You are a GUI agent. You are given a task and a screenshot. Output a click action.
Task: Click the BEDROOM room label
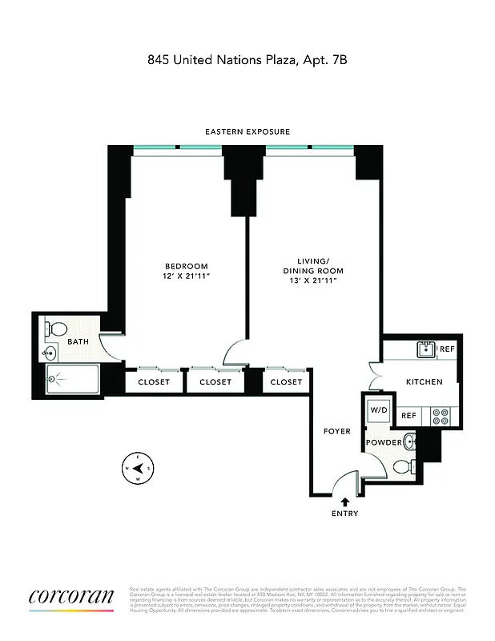187,267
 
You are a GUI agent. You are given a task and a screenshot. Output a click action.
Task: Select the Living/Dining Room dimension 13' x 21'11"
312,281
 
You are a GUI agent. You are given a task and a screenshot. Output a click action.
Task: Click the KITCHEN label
424,382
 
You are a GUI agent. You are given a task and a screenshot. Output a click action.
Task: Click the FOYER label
337,431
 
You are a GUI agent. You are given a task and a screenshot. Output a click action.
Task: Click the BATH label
78,342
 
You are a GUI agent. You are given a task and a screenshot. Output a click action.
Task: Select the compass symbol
136,467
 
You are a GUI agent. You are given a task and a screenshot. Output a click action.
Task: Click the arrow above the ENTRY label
344,502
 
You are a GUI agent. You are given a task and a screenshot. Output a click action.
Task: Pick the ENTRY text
344,514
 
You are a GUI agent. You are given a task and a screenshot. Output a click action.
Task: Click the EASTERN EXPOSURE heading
247,131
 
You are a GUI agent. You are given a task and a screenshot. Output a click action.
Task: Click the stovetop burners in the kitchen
440,416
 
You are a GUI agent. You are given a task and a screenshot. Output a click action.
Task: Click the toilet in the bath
58,330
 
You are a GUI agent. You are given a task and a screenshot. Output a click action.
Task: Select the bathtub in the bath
72,379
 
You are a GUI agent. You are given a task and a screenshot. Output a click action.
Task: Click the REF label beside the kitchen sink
447,349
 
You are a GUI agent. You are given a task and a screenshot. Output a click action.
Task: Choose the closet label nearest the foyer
286,382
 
